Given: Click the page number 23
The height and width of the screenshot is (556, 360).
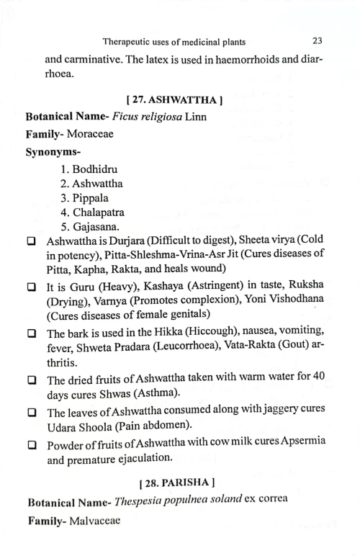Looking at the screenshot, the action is (318, 40).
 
